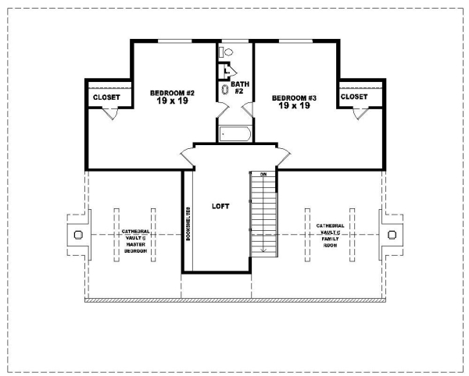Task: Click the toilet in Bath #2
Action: [x=228, y=51]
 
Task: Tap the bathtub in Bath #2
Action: [x=234, y=134]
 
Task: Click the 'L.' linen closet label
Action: [x=227, y=71]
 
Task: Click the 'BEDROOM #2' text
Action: [x=172, y=94]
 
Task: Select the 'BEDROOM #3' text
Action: [x=294, y=98]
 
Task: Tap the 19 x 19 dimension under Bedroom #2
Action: [x=172, y=102]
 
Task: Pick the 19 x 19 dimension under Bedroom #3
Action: [x=294, y=106]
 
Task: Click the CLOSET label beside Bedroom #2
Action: [x=106, y=98]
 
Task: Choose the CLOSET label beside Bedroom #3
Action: [x=354, y=97]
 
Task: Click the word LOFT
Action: [x=220, y=206]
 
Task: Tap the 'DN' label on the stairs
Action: [x=263, y=174]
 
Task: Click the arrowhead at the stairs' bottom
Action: [x=263, y=250]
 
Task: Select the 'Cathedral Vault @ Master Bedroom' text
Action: [x=134, y=241]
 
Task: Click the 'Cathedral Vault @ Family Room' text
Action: [x=330, y=235]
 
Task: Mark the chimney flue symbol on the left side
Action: [x=77, y=234]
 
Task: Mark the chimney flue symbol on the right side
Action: [x=392, y=234]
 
